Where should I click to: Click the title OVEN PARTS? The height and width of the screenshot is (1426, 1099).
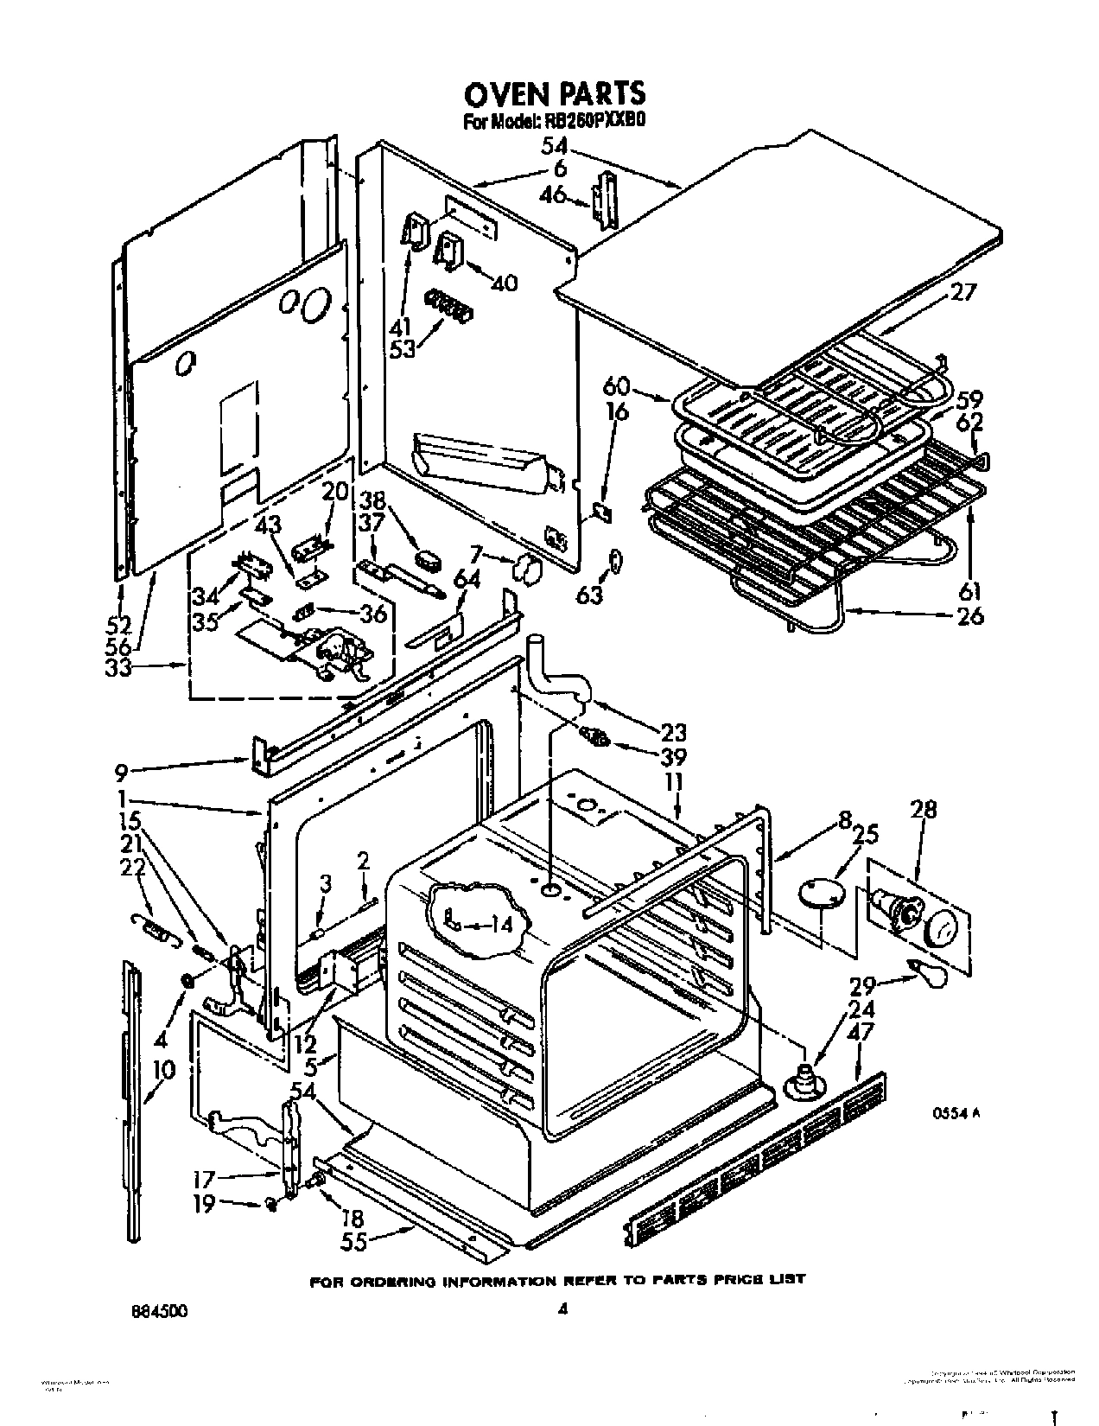point(554,91)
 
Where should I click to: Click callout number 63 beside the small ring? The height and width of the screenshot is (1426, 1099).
point(589,596)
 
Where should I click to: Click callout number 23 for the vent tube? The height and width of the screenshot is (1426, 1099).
point(672,733)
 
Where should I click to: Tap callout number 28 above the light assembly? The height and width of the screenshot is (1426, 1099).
point(923,810)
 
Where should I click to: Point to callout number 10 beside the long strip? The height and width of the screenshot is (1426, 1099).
point(162,1071)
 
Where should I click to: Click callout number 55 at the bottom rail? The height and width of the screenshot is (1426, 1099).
point(355,1241)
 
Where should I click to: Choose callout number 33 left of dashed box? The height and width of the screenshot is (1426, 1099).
point(118,668)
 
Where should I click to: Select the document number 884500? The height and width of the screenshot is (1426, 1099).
point(159,1309)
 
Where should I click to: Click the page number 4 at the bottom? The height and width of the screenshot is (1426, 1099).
point(562,1309)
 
